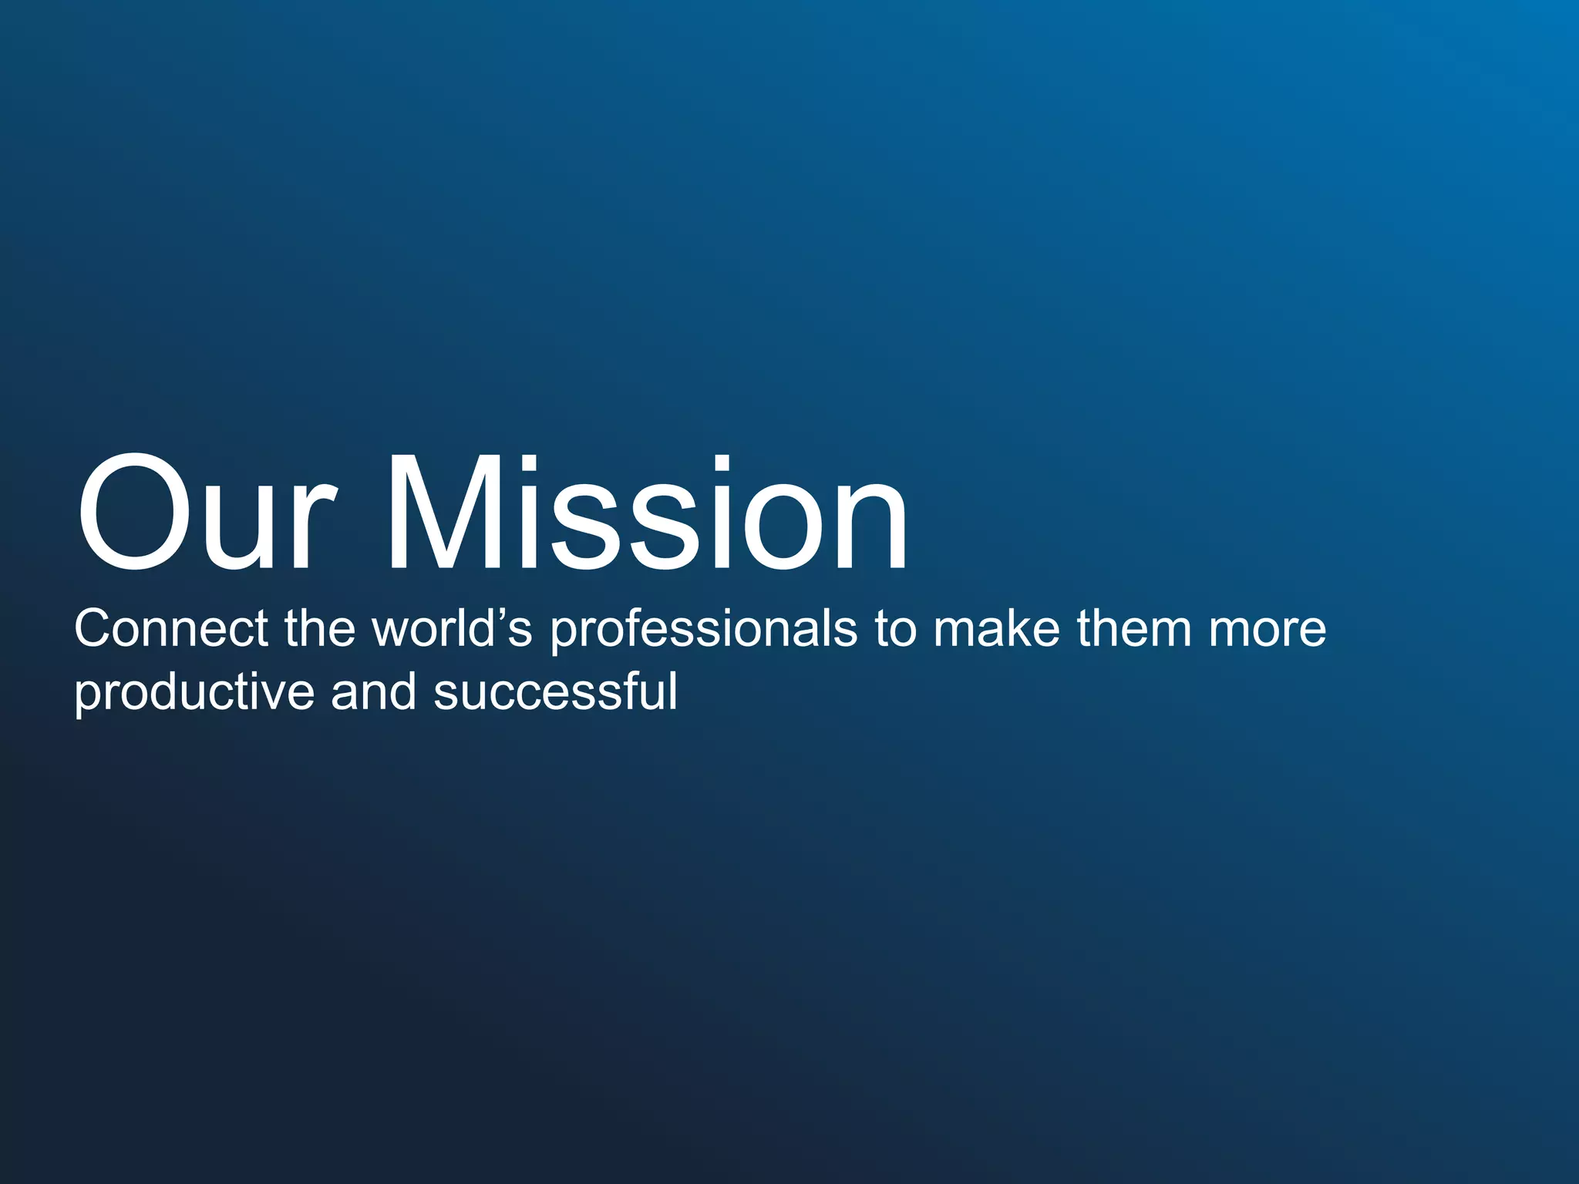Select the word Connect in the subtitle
click(171, 628)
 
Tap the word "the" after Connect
click(320, 628)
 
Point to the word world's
click(452, 628)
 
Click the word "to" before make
click(895, 629)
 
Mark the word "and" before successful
click(374, 691)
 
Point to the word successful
click(555, 691)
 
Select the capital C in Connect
click(94, 628)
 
